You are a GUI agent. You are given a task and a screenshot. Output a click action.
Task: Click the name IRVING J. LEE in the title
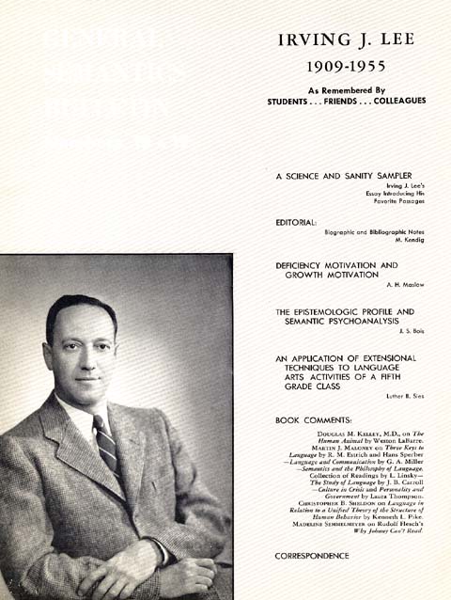[x=346, y=40]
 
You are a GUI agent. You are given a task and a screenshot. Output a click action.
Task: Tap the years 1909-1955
[x=347, y=68]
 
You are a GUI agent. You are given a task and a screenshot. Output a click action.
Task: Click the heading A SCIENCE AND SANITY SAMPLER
[x=344, y=176]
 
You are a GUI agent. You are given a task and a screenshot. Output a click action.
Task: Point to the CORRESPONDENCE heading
[x=312, y=556]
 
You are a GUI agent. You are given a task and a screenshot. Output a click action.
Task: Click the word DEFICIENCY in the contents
[x=303, y=265]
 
